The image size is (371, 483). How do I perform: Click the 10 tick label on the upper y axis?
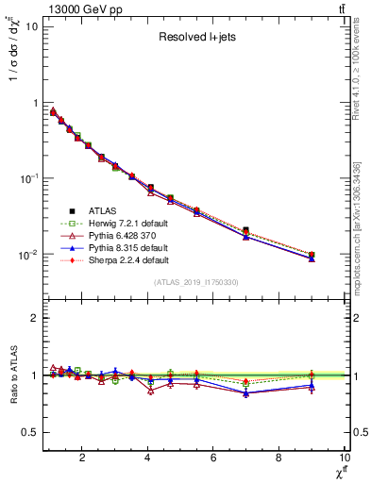point(31,26)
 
